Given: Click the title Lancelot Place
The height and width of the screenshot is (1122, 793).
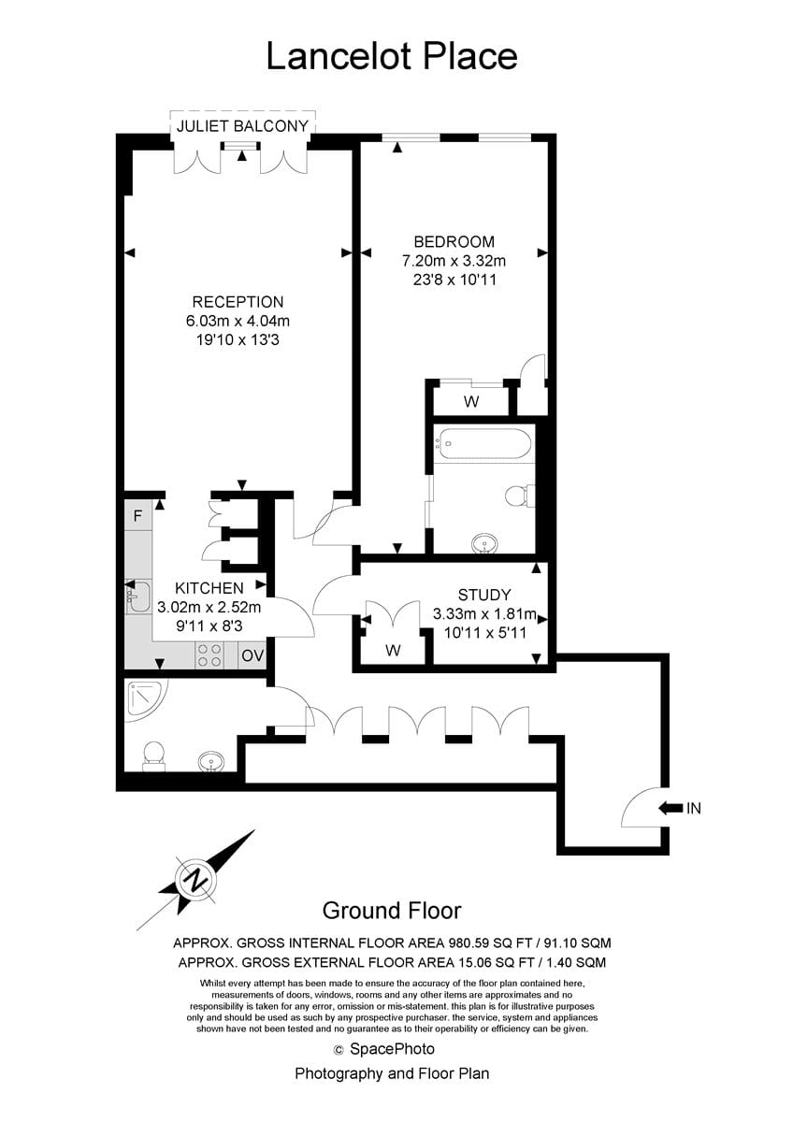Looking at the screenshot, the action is tap(392, 56).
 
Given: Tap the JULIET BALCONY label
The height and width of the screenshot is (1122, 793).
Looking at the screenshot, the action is tap(242, 125).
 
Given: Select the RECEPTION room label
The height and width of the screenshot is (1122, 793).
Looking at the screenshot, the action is tap(238, 302).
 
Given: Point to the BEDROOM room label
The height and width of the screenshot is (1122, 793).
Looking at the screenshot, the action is tap(454, 242).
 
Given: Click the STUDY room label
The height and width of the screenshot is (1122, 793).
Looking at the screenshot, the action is tap(484, 595).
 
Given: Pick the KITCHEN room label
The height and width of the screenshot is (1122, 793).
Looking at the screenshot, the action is tap(209, 588).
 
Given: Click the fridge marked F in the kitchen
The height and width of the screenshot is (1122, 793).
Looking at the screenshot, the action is tap(137, 515).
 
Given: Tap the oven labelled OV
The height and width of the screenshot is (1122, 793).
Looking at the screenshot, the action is tap(252, 655).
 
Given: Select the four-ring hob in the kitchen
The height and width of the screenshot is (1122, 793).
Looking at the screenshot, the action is tap(209, 655).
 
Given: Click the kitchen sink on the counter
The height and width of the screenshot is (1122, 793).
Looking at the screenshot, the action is tap(137, 597).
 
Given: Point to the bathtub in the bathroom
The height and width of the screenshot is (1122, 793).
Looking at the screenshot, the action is tap(480, 443).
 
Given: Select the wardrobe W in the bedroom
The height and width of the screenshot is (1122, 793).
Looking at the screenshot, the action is tap(471, 401).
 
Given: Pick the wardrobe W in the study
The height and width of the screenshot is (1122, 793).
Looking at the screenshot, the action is tap(394, 650).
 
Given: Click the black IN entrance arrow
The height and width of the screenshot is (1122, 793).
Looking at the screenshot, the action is tap(670, 808).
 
